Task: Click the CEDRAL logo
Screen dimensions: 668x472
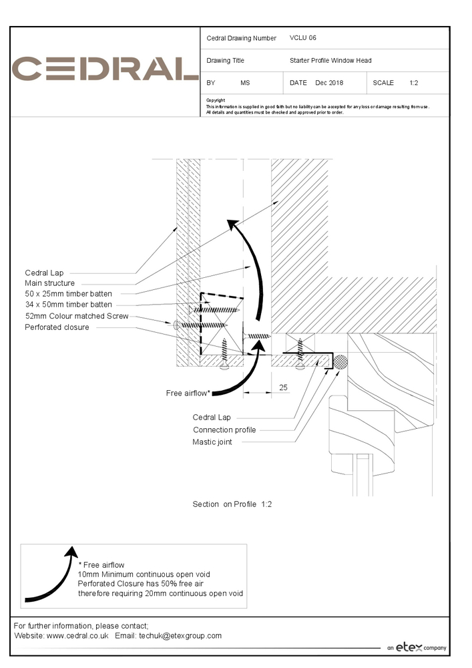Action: click(105, 69)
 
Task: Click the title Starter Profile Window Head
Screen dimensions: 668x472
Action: click(330, 60)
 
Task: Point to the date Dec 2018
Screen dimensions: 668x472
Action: click(329, 83)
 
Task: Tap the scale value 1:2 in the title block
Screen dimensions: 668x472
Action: click(414, 83)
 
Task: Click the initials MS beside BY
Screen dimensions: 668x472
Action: click(245, 83)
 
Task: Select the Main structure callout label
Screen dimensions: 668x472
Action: click(50, 283)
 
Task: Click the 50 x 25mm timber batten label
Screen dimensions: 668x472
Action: click(69, 294)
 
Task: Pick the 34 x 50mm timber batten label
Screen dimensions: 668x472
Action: click(69, 305)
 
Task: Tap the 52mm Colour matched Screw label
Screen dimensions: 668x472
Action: click(76, 316)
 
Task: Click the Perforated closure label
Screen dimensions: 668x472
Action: click(57, 327)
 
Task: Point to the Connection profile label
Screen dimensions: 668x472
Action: click(224, 430)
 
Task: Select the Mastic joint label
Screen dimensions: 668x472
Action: click(212, 442)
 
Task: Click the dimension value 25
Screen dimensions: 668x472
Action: click(283, 387)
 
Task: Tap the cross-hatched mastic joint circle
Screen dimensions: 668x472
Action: click(341, 362)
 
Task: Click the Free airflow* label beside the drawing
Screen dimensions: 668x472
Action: click(188, 393)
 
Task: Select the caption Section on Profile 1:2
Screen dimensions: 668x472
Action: click(232, 504)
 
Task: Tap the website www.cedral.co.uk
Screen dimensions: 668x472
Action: click(77, 636)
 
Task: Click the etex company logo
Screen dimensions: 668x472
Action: click(417, 647)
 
